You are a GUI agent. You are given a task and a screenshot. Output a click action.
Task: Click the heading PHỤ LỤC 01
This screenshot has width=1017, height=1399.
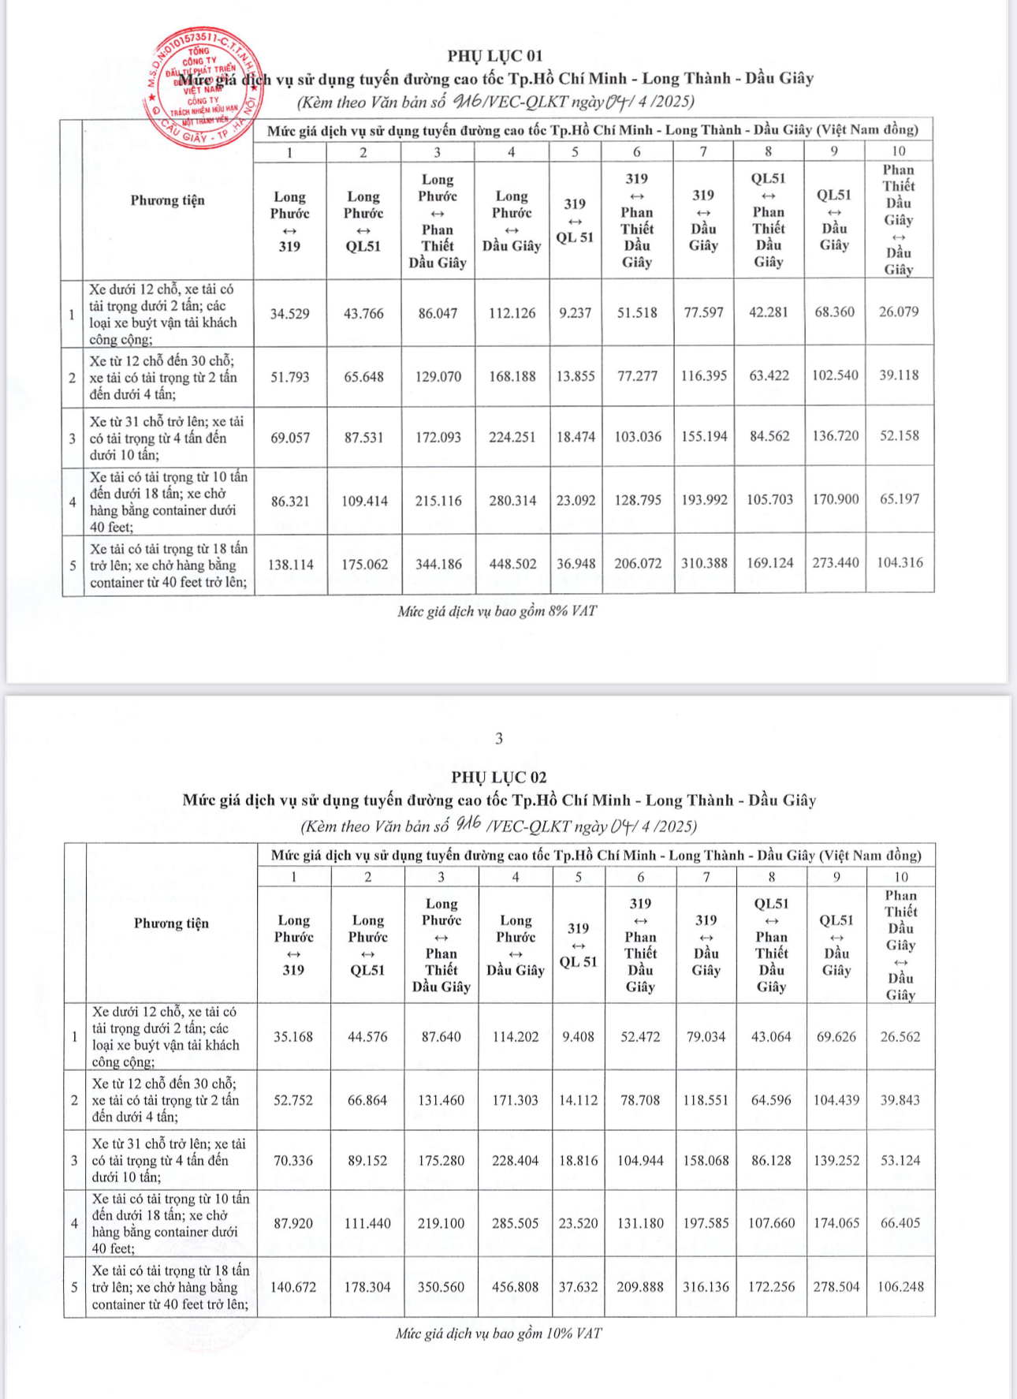pyautogui.click(x=495, y=55)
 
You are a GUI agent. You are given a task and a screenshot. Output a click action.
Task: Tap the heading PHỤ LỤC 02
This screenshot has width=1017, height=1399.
pyautogui.click(x=499, y=777)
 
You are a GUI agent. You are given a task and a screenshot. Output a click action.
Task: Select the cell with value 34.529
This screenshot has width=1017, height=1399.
pyautogui.click(x=289, y=314)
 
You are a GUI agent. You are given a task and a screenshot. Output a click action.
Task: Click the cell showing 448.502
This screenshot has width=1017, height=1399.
pyautogui.click(x=512, y=564)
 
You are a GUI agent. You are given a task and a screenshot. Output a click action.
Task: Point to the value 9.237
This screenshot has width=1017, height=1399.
pyautogui.click(x=575, y=312)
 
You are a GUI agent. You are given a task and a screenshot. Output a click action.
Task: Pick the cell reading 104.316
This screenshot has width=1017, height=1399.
pyautogui.click(x=900, y=562)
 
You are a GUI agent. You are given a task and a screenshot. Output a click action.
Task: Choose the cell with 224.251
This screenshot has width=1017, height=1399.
pyautogui.click(x=512, y=437)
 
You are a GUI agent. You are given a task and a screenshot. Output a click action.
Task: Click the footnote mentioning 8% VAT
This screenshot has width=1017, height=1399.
pyautogui.click(x=497, y=611)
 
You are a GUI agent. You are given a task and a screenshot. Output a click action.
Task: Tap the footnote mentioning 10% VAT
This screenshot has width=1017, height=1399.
pyautogui.click(x=498, y=1334)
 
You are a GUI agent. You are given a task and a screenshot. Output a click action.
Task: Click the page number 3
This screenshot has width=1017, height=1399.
pyautogui.click(x=499, y=739)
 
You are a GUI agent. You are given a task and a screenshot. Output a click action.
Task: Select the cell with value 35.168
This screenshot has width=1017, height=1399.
pyautogui.click(x=293, y=1037)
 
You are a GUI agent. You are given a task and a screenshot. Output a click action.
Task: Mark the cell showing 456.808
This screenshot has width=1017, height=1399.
pyautogui.click(x=516, y=1287)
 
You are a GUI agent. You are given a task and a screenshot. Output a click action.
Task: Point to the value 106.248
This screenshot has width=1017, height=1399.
pyautogui.click(x=901, y=1286)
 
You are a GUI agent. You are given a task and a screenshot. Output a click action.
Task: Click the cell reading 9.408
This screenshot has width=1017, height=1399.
pyautogui.click(x=578, y=1037)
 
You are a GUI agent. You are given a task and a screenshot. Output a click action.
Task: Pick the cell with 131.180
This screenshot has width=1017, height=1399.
pyautogui.click(x=640, y=1223)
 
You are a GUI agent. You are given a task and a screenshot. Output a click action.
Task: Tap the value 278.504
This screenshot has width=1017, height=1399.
pyautogui.click(x=836, y=1286)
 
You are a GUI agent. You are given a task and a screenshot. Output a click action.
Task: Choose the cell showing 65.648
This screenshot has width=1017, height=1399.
pyautogui.click(x=363, y=377)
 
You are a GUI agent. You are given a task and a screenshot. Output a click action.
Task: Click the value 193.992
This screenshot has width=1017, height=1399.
pyautogui.click(x=704, y=500)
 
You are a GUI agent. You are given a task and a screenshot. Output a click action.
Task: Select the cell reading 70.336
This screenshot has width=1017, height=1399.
pyautogui.click(x=293, y=1161)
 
